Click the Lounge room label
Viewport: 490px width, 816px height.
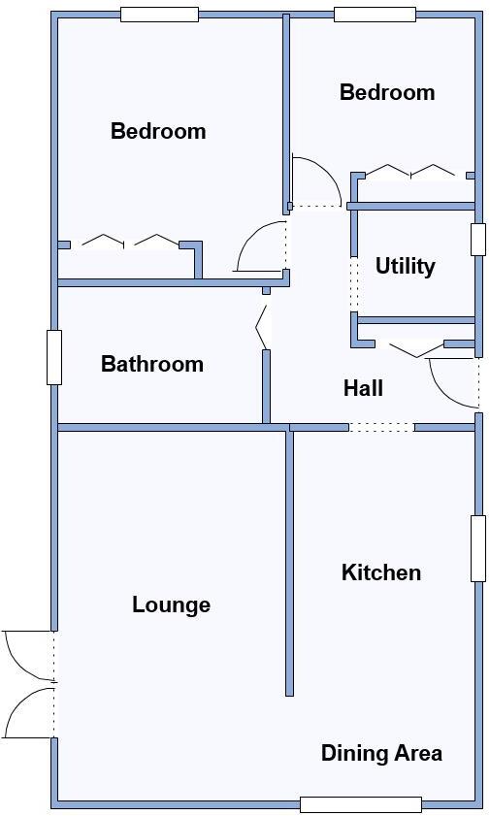point(171,605)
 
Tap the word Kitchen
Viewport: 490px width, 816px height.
point(381,572)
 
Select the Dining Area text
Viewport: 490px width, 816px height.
point(381,753)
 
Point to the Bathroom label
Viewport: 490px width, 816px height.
point(152,364)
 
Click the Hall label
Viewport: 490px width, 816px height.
point(363,388)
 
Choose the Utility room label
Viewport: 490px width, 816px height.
point(405,266)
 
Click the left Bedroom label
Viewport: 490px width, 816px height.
point(158,131)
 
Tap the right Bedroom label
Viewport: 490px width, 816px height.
point(387,92)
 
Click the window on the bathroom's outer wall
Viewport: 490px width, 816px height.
point(54,357)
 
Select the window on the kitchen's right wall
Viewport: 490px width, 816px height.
point(477,548)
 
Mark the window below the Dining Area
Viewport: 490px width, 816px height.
point(360,803)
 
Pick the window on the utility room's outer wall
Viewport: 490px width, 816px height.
point(477,239)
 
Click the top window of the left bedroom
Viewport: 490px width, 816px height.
point(159,15)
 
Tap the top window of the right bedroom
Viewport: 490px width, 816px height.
point(375,15)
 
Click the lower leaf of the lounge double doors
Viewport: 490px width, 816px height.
point(26,716)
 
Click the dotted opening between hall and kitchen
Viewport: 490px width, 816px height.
point(381,427)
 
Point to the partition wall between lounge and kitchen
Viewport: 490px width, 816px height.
point(289,563)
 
